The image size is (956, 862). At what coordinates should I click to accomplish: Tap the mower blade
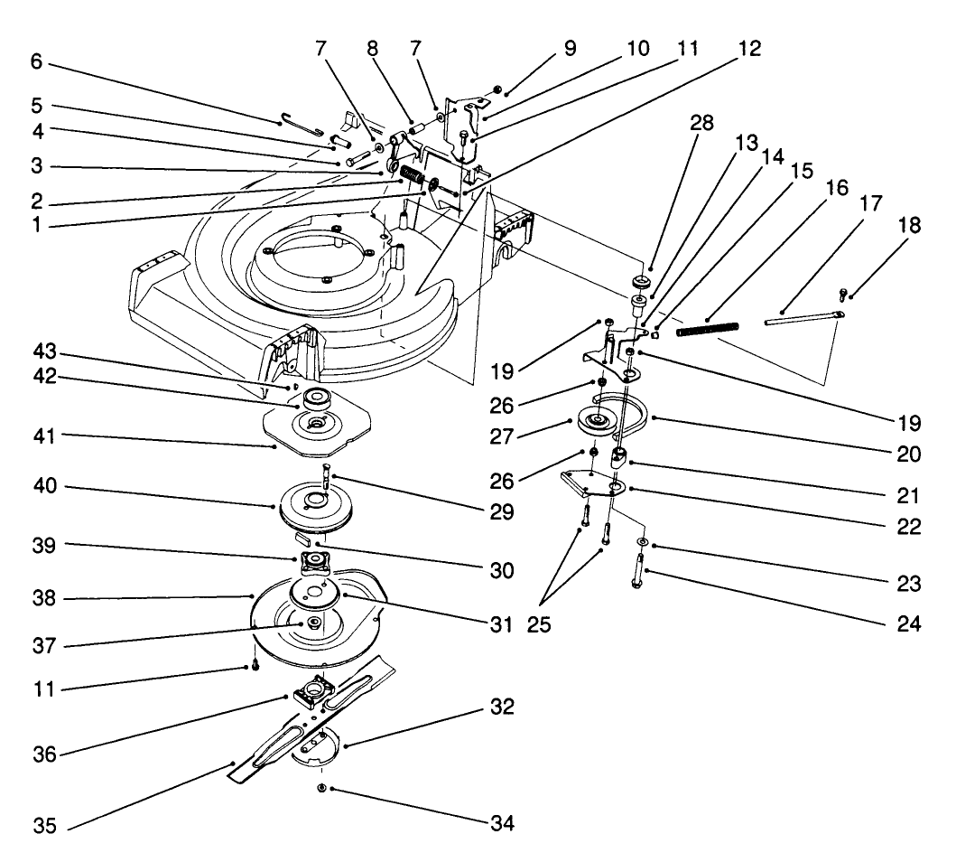(271, 750)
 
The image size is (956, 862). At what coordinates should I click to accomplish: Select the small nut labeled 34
(322, 789)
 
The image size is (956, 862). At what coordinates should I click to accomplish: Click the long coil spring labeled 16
(709, 326)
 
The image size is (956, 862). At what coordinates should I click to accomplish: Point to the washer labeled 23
(642, 541)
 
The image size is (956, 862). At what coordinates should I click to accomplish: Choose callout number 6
(36, 64)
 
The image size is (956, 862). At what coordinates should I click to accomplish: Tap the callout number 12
(748, 50)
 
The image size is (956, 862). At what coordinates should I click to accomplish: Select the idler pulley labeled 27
(599, 421)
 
